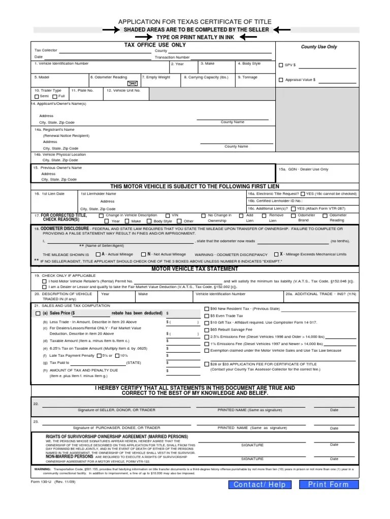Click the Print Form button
coord(329,485)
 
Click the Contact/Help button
coord(259,485)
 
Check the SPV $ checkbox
coord(281,65)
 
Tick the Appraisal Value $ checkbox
coord(281,80)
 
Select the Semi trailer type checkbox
coord(37,96)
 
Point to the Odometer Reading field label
coord(109,77)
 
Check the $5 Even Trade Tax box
coord(206,316)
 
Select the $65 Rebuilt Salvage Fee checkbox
coord(206,330)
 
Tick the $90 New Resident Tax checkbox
coord(206,309)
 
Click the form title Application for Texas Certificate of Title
coord(195,22)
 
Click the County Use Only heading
coord(319,47)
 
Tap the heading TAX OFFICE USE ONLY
coord(155,45)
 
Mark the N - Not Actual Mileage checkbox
coord(144,254)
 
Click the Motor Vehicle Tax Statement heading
coord(195,269)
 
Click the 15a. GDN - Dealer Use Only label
coord(304,169)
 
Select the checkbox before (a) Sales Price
coord(38,314)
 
